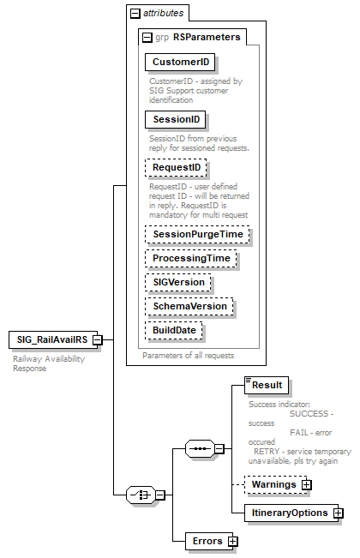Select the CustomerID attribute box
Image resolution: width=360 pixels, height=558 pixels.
click(x=180, y=63)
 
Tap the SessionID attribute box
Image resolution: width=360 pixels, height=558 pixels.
click(x=176, y=119)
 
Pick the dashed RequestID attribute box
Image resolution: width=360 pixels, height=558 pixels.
click(x=177, y=167)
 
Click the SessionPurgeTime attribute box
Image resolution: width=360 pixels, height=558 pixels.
click(x=196, y=233)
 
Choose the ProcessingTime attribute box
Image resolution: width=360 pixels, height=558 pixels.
click(x=190, y=257)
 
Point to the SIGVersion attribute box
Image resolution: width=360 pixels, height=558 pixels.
click(x=177, y=281)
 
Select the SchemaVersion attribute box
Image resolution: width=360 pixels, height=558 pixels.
click(x=189, y=305)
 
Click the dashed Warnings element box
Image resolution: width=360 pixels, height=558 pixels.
click(x=272, y=484)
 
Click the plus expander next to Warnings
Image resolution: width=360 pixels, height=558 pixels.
click(x=306, y=485)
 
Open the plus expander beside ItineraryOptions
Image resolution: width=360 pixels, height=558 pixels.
click(x=338, y=513)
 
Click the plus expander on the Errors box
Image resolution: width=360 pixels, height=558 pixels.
click(x=232, y=541)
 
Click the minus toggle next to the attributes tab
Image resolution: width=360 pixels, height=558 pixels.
click(x=135, y=14)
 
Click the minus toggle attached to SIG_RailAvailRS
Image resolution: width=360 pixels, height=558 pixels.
click(x=98, y=339)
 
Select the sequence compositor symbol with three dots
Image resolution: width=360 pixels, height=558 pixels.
click(x=199, y=447)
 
